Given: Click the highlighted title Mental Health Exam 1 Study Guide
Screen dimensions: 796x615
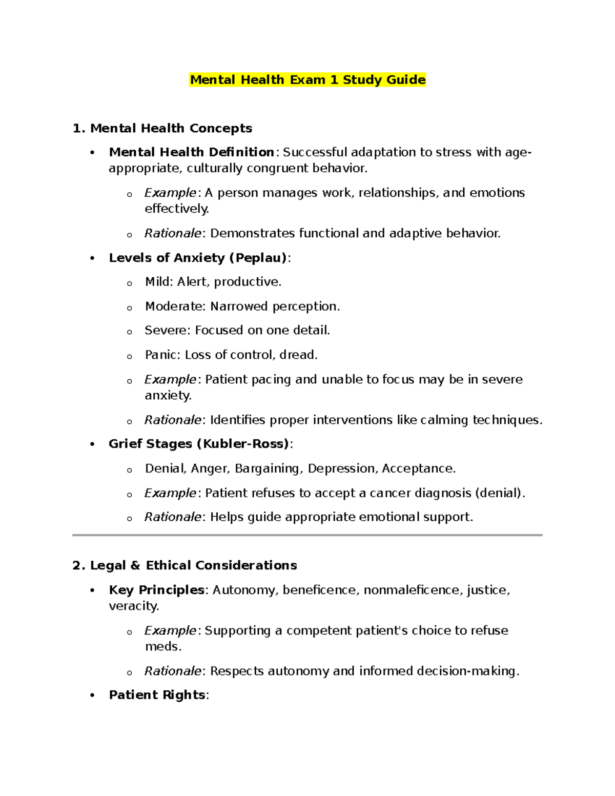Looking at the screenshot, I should tap(307, 80).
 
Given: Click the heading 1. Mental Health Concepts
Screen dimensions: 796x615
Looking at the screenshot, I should tap(162, 128).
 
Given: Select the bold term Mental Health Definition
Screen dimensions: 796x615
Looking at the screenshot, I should tap(192, 152).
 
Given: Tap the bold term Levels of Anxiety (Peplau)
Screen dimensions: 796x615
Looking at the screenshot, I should tap(198, 258).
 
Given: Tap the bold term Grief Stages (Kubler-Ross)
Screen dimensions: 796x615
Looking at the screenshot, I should tap(199, 444).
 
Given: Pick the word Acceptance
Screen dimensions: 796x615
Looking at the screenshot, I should tap(417, 468).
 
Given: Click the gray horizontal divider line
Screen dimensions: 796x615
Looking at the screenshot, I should tap(307, 535).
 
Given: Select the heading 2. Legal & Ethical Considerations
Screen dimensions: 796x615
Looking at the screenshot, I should tap(184, 565).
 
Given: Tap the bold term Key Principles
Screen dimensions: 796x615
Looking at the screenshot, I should tap(156, 590).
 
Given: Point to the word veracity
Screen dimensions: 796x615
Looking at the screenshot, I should tap(133, 606).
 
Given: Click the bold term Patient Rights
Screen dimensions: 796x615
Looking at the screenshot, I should tap(157, 695).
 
